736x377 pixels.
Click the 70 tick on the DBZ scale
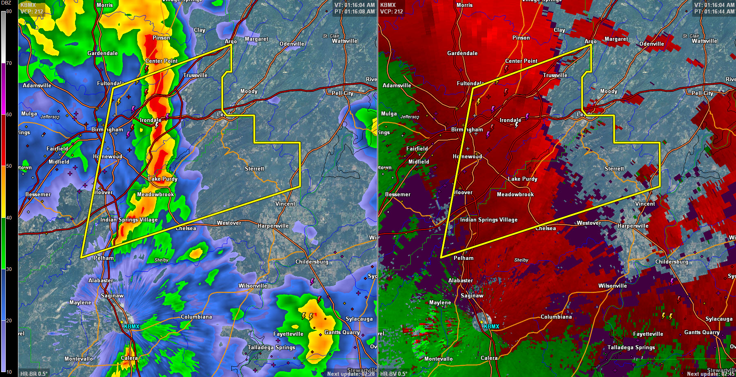9,63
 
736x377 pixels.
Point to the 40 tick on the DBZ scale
9,218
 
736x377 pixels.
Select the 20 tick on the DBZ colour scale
9,321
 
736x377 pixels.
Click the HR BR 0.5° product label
34,373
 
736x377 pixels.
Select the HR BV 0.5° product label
394,373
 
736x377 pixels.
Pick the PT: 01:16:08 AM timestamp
354,11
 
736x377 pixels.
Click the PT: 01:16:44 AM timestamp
714,11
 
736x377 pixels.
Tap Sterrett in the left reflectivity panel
255,169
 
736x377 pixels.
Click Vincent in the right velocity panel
645,204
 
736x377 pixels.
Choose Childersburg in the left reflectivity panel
312,262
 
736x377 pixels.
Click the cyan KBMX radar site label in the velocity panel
491,326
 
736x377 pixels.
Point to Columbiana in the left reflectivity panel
196,317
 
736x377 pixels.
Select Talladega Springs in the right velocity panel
631,347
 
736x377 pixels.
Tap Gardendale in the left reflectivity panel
102,53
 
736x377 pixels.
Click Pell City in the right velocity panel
702,93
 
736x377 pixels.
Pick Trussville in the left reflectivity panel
195,75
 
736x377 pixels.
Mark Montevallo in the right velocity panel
438,359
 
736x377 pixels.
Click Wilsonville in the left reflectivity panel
253,286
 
